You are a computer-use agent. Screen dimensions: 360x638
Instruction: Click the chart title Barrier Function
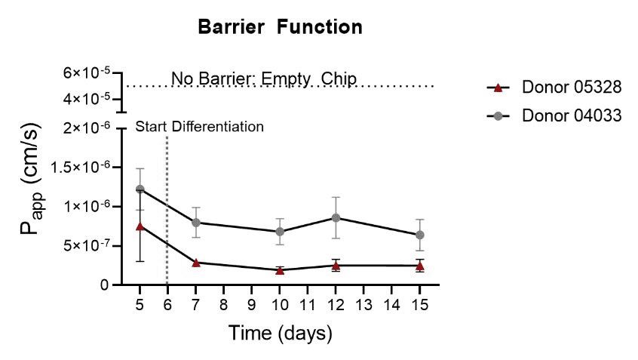280,28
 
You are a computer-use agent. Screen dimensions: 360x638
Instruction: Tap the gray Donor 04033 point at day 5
140,189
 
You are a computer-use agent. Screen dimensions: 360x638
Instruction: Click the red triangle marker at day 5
140,226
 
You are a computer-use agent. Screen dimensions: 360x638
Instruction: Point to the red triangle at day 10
280,269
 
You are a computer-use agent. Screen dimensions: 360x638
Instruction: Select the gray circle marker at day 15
420,235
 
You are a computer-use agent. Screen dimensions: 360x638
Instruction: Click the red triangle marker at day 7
195,262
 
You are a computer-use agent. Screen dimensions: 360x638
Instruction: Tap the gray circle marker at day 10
280,231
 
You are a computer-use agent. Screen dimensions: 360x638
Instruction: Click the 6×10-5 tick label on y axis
86,72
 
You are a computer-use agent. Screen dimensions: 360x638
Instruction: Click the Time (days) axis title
280,332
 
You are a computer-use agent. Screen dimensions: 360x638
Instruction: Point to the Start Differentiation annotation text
200,126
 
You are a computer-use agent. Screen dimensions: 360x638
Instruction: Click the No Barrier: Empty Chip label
263,78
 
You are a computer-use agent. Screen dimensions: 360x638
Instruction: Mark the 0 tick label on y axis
104,285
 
